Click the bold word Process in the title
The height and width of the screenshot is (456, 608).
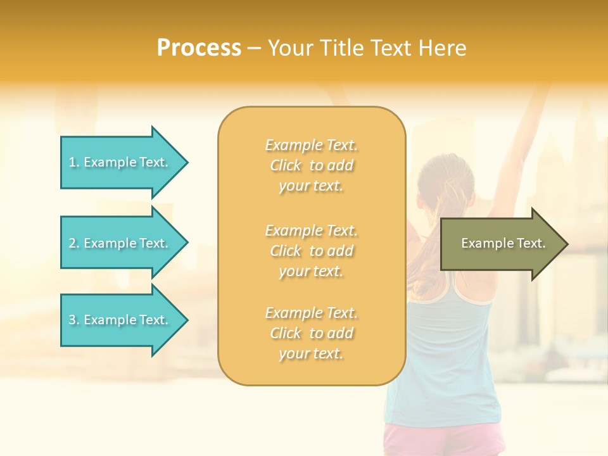[x=199, y=48]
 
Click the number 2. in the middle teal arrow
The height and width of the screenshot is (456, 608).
[x=74, y=243]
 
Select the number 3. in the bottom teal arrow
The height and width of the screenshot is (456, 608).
[x=74, y=320]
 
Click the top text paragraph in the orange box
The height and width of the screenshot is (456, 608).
[x=311, y=165]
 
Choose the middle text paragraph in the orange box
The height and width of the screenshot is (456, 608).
[x=311, y=251]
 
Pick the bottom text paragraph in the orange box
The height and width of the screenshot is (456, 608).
[x=311, y=333]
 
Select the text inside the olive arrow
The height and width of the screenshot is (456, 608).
[x=503, y=243]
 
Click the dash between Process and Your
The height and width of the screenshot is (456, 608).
[x=254, y=48]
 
